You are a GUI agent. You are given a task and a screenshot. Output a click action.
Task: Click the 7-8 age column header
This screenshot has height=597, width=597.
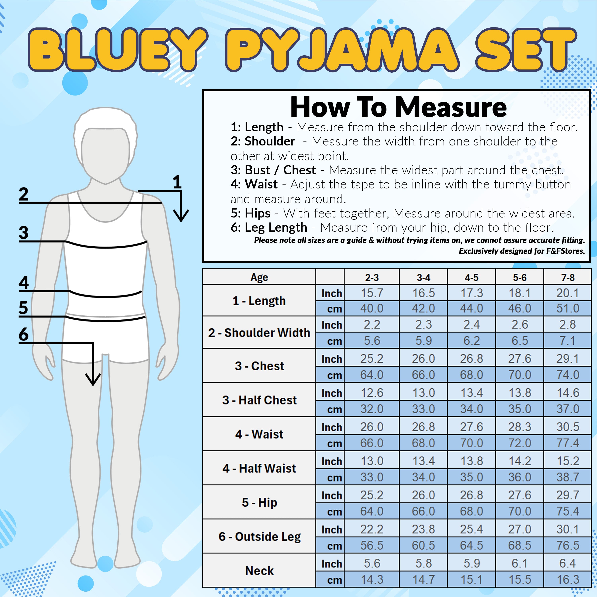[x=568, y=277]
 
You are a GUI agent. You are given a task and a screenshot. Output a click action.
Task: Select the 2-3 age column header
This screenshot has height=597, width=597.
[x=372, y=277]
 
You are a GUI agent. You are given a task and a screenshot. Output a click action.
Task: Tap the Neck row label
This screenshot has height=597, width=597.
[x=259, y=570]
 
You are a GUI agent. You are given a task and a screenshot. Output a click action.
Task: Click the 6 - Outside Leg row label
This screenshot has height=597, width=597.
[x=259, y=537]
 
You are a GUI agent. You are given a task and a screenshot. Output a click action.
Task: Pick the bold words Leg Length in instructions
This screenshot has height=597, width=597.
[x=276, y=227]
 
